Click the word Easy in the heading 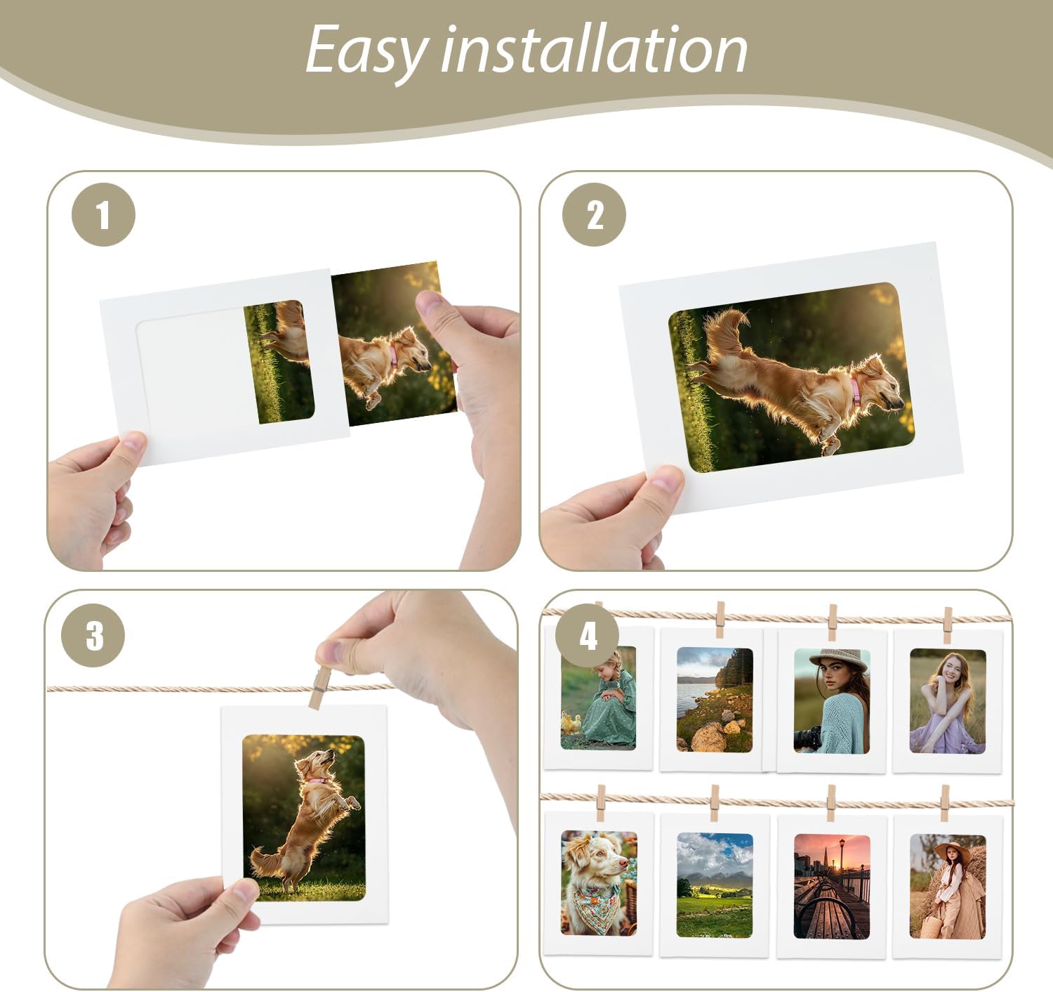point(366,51)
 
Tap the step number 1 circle point(103,214)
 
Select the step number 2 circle point(595,214)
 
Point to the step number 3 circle point(93,635)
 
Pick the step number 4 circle point(588,635)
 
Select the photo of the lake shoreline point(715,700)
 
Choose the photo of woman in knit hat point(832,700)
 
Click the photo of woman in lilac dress point(948,700)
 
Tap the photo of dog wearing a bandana point(599,883)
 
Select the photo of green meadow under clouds point(715,885)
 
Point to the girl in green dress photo point(599,698)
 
